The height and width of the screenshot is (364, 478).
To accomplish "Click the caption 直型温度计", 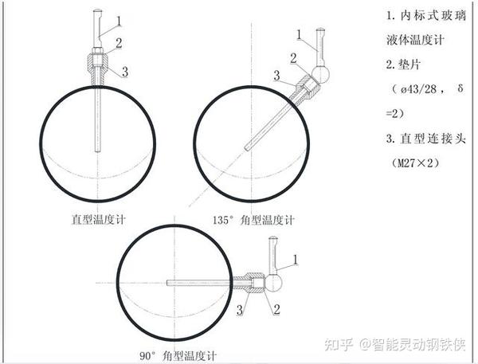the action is [x=98, y=220].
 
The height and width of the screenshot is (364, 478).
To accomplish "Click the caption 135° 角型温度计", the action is [x=253, y=220].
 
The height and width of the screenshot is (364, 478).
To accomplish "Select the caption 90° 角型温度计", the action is [x=178, y=355].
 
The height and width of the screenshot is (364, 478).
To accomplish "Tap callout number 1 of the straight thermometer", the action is [x=119, y=21].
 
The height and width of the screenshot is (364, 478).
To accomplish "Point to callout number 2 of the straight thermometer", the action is [x=119, y=43].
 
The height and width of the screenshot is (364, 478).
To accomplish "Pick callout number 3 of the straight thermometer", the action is [x=125, y=72].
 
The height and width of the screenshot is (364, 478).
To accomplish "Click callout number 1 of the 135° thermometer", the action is [x=299, y=34].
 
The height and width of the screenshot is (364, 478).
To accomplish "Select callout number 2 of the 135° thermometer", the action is [x=293, y=58].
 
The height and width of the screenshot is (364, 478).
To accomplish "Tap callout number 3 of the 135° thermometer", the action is [x=276, y=76].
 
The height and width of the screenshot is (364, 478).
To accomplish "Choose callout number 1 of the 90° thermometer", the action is [x=295, y=260].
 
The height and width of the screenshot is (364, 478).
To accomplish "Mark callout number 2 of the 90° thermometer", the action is [x=276, y=309].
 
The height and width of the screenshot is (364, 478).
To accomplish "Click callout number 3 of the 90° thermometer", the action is [x=240, y=310].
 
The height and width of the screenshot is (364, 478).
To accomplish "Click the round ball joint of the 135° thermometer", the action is [x=320, y=74].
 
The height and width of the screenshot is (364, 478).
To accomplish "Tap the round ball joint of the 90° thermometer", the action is [x=274, y=283].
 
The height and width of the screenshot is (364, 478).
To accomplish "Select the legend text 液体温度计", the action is [x=415, y=40].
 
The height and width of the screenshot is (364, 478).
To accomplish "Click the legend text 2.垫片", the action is [x=404, y=65].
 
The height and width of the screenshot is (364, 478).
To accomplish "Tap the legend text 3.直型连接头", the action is [x=426, y=139].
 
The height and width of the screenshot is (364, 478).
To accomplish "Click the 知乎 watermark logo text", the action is [x=339, y=344].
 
